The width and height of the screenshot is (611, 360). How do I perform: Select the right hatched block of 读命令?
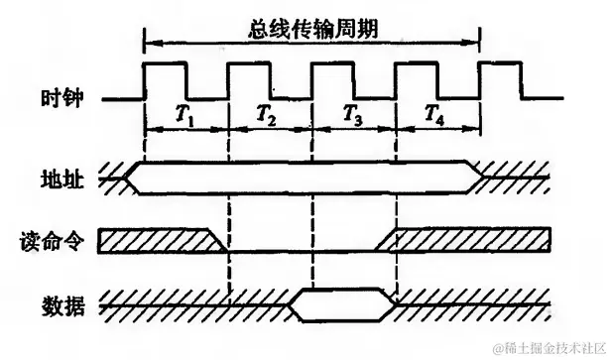pyautogui.click(x=466, y=239)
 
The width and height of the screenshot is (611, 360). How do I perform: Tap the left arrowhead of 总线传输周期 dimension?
pyautogui.click(x=150, y=42)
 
